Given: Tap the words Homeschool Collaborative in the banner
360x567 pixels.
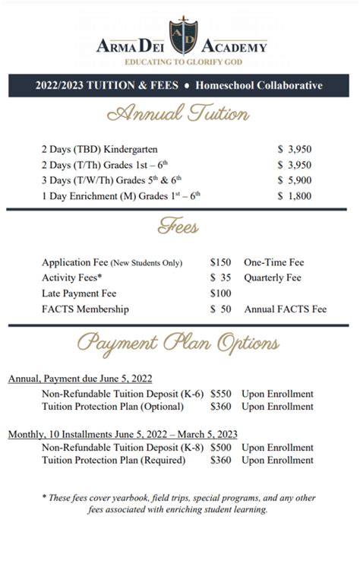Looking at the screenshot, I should pyautogui.click(x=258, y=86).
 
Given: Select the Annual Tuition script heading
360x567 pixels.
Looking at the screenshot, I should pyautogui.click(x=179, y=115).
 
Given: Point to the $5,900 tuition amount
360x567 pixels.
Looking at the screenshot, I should pyautogui.click(x=295, y=179).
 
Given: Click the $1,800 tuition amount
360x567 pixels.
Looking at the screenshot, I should pyautogui.click(x=295, y=195).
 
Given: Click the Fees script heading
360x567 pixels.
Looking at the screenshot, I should pyautogui.click(x=179, y=226).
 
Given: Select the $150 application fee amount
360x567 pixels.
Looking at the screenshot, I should pyautogui.click(x=221, y=261).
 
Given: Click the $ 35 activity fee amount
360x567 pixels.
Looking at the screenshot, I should pyautogui.click(x=221, y=277).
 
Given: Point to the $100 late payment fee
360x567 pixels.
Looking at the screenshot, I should pyautogui.click(x=221, y=293).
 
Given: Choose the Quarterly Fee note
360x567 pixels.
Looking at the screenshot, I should pyautogui.click(x=273, y=277).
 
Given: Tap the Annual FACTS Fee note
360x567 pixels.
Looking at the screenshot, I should pyautogui.click(x=286, y=309).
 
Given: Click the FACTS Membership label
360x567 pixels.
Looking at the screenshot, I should pyautogui.click(x=85, y=309).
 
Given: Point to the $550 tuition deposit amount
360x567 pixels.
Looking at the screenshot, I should pyautogui.click(x=221, y=394).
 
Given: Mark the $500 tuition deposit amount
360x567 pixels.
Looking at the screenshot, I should pyautogui.click(x=221, y=447).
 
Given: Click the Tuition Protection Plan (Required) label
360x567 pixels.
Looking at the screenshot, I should pyautogui.click(x=113, y=460).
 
